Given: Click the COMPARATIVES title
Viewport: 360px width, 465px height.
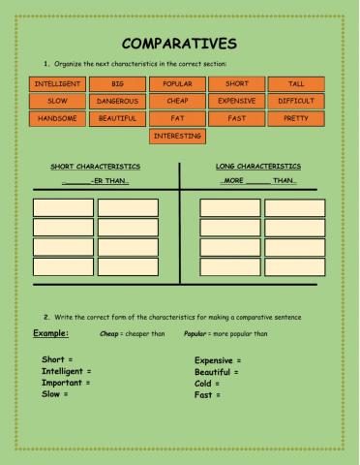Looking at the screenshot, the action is pyautogui.click(x=179, y=44).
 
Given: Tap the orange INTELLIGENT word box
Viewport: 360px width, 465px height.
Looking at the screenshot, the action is pyautogui.click(x=57, y=84).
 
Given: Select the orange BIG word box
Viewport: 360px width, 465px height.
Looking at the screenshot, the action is pyautogui.click(x=118, y=84).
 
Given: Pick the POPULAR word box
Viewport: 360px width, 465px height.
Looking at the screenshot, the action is pyautogui.click(x=177, y=84).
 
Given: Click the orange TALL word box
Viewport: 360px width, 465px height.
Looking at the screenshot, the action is pyautogui.click(x=296, y=84).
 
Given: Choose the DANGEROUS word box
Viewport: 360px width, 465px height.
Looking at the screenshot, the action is pyautogui.click(x=118, y=101).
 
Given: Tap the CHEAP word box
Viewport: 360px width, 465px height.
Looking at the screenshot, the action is pyautogui.click(x=177, y=101).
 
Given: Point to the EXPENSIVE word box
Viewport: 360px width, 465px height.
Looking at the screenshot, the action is pyautogui.click(x=237, y=101).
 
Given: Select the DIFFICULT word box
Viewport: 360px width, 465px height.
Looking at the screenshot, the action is pyautogui.click(x=296, y=101).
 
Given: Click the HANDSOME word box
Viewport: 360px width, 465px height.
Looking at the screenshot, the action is pyautogui.click(x=57, y=118).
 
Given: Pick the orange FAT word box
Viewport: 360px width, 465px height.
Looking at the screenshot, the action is pyautogui.click(x=177, y=118).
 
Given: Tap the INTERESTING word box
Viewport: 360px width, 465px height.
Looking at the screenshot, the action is pyautogui.click(x=177, y=136).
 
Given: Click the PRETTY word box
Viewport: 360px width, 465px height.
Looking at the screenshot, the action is pyautogui.click(x=296, y=118).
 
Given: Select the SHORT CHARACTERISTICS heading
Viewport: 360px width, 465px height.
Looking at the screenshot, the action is pyautogui.click(x=95, y=167).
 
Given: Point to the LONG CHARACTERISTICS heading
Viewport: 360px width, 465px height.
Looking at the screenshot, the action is pyautogui.click(x=257, y=167).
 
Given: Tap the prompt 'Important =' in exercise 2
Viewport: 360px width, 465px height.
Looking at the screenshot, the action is pyautogui.click(x=67, y=383).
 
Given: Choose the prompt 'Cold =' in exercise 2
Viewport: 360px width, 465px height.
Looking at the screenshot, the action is pyautogui.click(x=209, y=383).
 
